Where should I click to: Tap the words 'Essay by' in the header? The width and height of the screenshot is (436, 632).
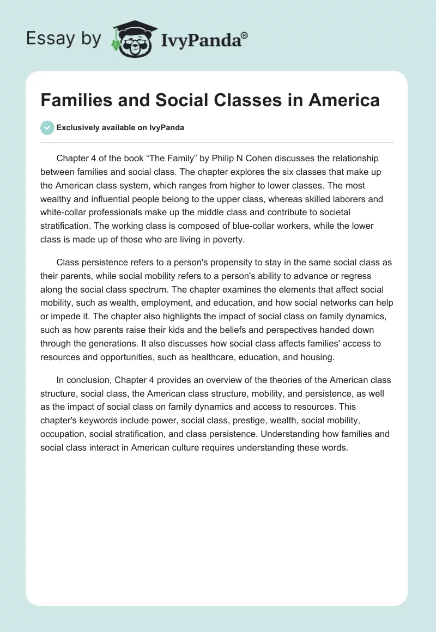tap(64, 39)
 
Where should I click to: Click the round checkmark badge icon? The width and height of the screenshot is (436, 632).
tap(47, 127)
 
